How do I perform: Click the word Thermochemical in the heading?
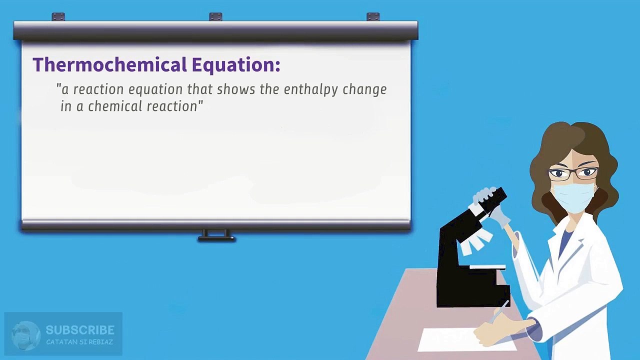(110, 64)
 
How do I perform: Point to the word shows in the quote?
(235, 89)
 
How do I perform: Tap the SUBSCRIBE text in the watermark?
(80, 330)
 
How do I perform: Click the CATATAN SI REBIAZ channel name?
(79, 342)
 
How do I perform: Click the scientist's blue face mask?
(573, 197)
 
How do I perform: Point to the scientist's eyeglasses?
(572, 173)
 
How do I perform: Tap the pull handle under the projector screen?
(216, 235)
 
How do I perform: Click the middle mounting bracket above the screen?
(215, 16)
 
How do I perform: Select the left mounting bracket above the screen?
(58, 17)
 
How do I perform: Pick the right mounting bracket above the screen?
(373, 16)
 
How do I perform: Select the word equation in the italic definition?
(155, 89)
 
